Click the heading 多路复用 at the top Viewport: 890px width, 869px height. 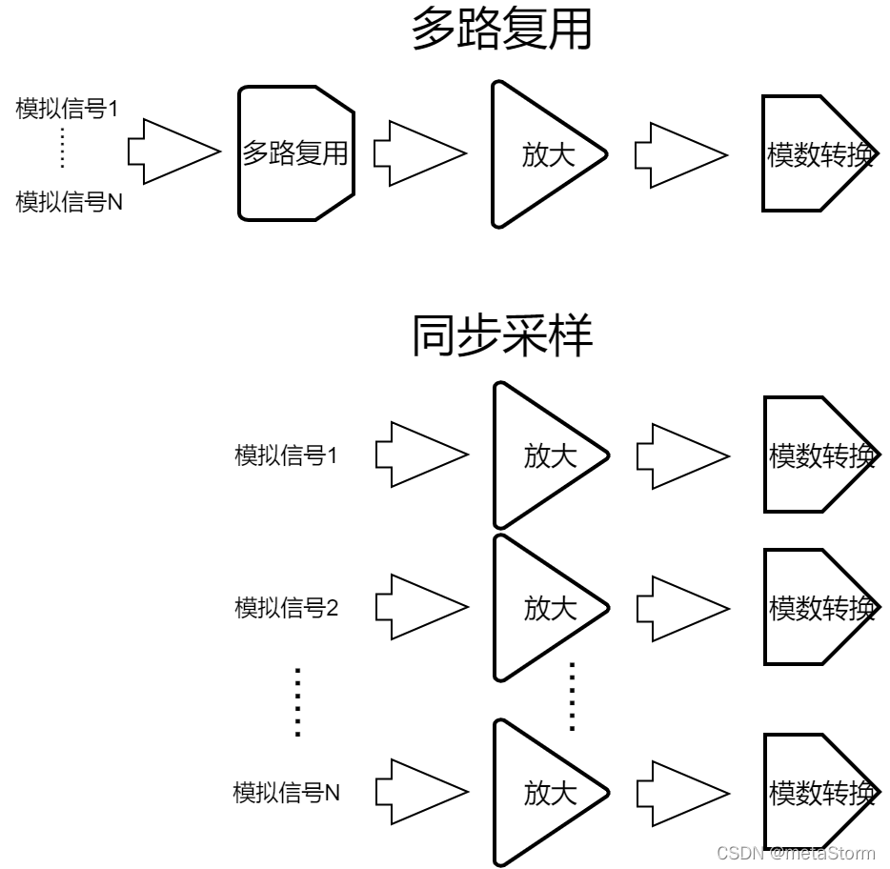tap(502, 29)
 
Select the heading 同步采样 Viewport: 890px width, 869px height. tap(502, 335)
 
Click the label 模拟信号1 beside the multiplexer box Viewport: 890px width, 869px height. tap(67, 109)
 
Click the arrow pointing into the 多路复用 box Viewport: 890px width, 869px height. tap(174, 152)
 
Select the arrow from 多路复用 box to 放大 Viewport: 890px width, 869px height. tap(420, 153)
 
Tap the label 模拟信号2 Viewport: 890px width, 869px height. tap(287, 607)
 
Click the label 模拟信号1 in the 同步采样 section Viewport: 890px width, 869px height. tap(286, 455)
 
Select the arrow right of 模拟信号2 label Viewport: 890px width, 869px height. tap(422, 607)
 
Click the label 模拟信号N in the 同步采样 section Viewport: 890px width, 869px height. tap(287, 793)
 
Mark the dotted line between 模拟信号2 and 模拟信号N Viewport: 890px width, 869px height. tap(298, 702)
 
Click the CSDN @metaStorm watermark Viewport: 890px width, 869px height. tap(796, 853)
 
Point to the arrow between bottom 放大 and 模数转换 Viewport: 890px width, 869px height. tap(683, 794)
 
